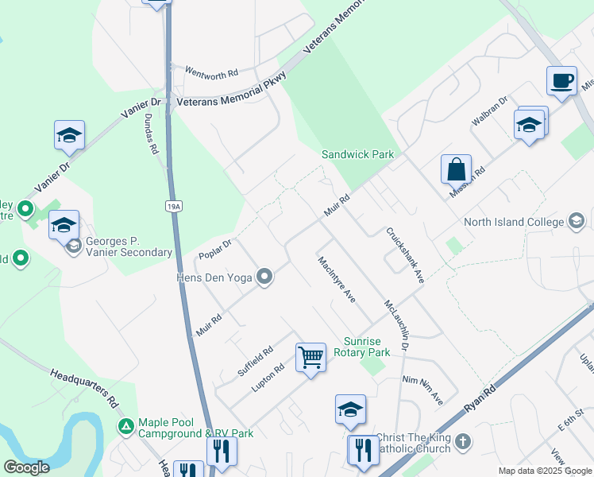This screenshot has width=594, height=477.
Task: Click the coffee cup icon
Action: tap(561, 80)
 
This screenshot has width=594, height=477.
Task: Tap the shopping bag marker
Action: tap(456, 169)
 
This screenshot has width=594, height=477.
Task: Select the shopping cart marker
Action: tap(310, 356)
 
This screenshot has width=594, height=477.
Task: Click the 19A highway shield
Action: tap(175, 207)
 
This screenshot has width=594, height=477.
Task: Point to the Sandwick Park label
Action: tap(357, 154)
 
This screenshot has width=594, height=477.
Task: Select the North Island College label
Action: tap(515, 223)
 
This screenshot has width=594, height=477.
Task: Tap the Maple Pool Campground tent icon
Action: tap(125, 427)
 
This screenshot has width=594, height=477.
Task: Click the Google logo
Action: tap(26, 467)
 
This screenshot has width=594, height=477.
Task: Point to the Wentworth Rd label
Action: tap(211, 72)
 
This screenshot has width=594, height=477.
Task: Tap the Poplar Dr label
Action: tap(215, 248)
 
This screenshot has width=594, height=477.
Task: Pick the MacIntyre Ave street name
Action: tap(335, 279)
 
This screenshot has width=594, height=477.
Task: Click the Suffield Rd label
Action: tap(255, 362)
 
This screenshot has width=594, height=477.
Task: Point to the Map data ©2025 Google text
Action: tap(544, 471)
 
